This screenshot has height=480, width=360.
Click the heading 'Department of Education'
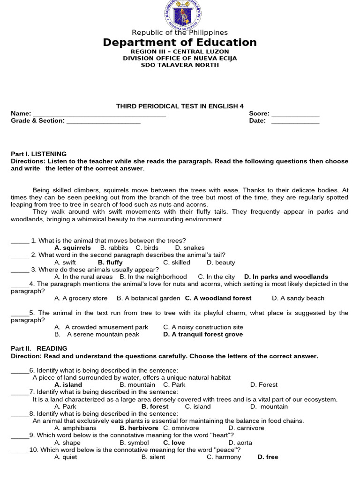180,43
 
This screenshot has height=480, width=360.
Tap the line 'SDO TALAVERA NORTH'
180,65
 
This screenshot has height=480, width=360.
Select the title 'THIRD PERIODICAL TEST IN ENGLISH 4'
180,106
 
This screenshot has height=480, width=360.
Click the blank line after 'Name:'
99,114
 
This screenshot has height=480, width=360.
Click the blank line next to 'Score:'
295,114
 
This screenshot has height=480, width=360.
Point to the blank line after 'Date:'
295,121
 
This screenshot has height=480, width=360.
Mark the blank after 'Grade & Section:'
104,121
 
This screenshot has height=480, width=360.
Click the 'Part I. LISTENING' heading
39,154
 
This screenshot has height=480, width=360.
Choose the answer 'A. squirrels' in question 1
73,247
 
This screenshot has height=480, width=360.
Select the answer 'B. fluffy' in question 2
110,262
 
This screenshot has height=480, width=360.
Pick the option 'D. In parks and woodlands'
286,277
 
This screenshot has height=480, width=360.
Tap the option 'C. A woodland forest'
218,298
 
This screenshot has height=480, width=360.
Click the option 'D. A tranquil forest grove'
203,334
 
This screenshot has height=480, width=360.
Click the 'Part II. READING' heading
39,348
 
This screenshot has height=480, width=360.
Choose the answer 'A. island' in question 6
68,384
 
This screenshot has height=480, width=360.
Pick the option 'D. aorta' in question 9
240,442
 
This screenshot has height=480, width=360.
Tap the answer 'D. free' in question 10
268,457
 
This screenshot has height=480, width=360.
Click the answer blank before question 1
20,241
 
